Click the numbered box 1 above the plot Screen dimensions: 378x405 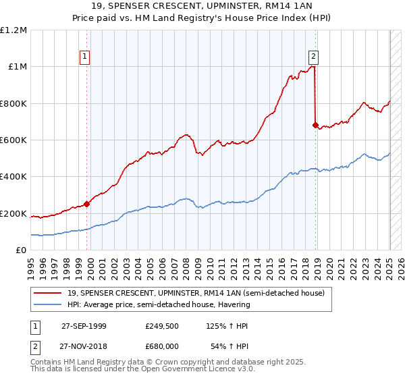pyautogui.click(x=85, y=57)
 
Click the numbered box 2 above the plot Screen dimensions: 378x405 pyautogui.click(x=315, y=57)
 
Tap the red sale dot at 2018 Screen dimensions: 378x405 pyautogui.click(x=315, y=125)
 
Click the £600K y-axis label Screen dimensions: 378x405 pyautogui.click(x=15, y=140)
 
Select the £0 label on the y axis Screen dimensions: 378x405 pyautogui.click(x=22, y=250)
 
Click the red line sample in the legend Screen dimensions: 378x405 pyautogui.click(x=47, y=293)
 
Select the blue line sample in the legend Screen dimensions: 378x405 pyautogui.click(x=47, y=304)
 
